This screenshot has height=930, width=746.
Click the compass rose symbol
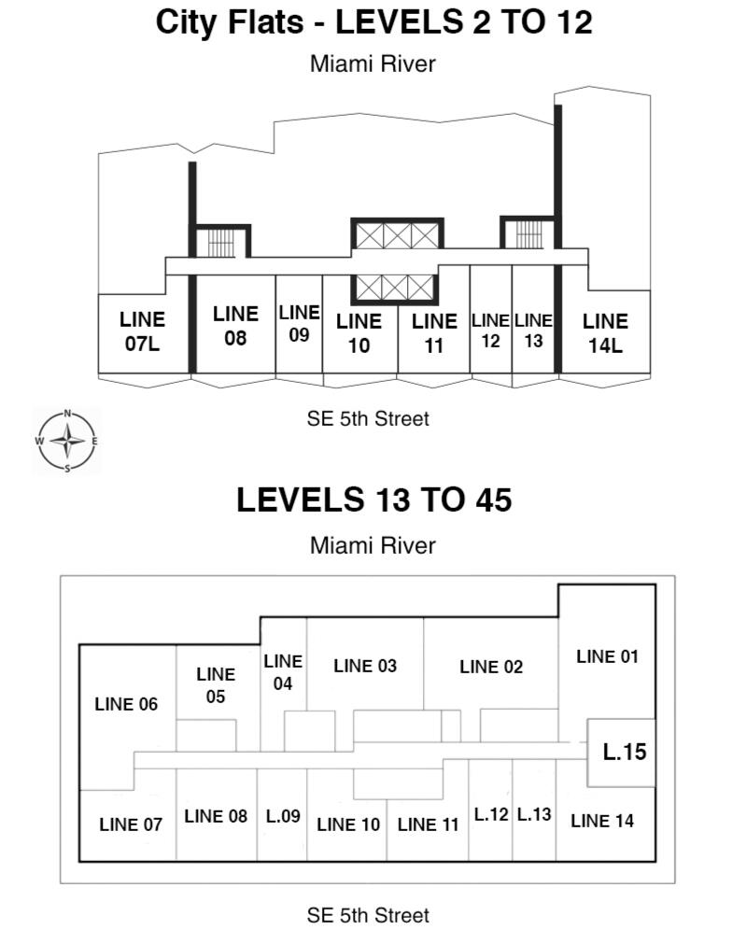[x=67, y=441]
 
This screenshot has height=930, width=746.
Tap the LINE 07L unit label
[x=142, y=331]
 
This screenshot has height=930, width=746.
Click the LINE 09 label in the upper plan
[x=299, y=323]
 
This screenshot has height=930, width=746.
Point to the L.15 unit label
[x=625, y=752]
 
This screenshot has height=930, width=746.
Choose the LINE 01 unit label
[x=607, y=656]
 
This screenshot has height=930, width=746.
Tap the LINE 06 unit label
[x=126, y=704]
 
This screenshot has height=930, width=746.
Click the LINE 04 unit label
[x=283, y=672]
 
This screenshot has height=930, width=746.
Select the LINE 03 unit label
[x=365, y=666]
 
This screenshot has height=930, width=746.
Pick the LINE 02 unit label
[x=491, y=667]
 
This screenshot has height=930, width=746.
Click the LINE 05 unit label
[x=216, y=684]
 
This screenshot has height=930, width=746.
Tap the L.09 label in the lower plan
[x=283, y=816]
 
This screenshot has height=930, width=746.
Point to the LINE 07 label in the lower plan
[x=131, y=824]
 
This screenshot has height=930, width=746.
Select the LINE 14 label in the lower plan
[x=602, y=821]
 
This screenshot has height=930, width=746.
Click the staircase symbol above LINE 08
[x=221, y=242]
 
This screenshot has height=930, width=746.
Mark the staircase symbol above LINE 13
[x=529, y=233]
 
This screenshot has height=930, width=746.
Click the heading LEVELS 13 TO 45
[x=373, y=500]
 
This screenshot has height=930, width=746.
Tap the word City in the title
[x=187, y=21]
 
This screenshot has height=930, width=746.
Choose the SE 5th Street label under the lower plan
[x=368, y=915]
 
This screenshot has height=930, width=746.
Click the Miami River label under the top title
[x=373, y=63]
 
